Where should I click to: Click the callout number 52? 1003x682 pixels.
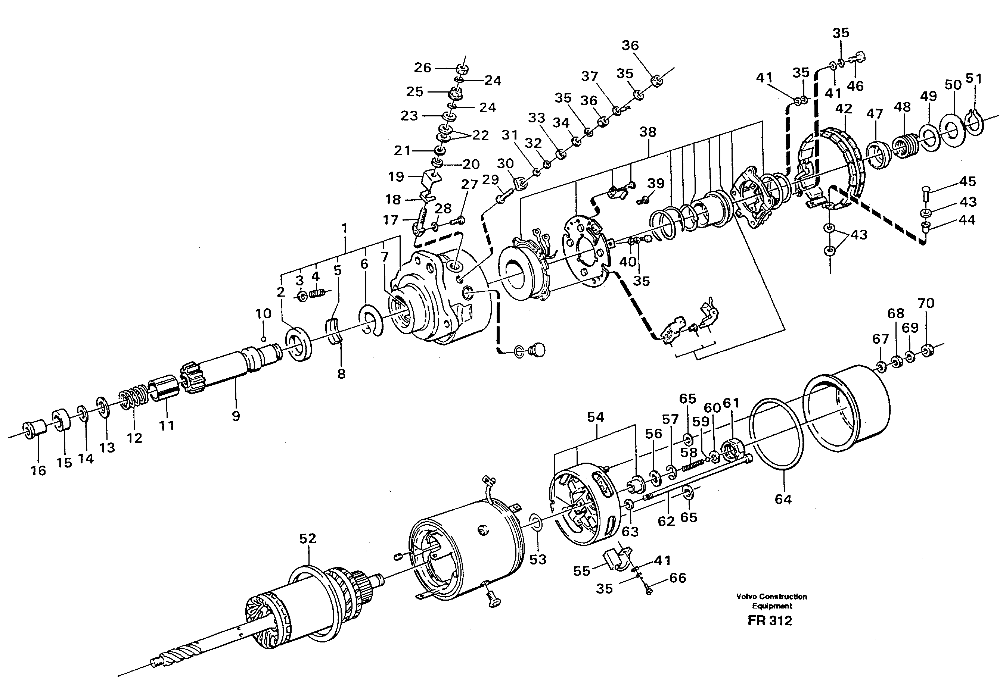307,538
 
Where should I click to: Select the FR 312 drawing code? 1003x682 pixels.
770,621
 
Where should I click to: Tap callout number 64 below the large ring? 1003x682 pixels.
783,499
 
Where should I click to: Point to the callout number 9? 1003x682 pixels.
235,416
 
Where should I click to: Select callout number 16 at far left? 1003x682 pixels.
38,470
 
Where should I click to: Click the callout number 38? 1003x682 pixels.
648,132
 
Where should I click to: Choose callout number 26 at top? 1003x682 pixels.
422,67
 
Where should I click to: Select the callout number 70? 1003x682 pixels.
926,303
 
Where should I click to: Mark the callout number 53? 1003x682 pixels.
538,560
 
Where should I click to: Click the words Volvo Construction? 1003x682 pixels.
771,597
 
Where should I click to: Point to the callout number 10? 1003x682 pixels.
263,313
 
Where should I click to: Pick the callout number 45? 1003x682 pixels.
967,181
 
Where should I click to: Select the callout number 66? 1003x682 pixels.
677,578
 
